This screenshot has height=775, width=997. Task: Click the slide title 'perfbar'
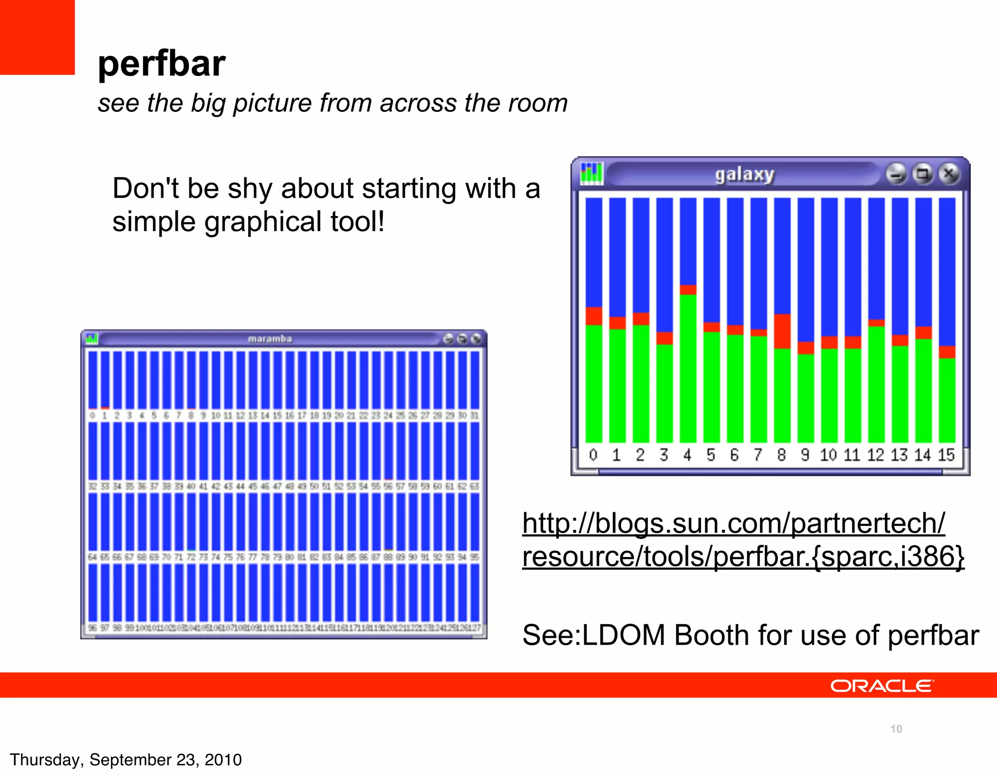point(161,64)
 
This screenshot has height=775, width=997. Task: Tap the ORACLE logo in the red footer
point(882,686)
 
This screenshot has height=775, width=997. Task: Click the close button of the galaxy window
point(948,174)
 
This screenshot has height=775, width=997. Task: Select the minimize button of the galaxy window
point(896,174)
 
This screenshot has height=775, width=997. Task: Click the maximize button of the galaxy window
point(923,174)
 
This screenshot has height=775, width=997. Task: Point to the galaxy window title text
point(744,174)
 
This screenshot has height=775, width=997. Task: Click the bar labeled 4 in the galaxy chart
point(688,365)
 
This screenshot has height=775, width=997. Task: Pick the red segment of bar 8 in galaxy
point(782,331)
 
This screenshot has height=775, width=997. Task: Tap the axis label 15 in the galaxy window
point(946,455)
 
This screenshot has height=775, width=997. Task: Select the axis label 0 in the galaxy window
point(593,455)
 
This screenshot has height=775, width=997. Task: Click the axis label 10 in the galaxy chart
point(828,455)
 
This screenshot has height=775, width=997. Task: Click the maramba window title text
point(270,339)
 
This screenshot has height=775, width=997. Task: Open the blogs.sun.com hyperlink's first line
point(733,523)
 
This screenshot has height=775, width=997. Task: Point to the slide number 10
point(896,729)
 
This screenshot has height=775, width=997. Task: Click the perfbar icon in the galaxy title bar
point(591,174)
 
